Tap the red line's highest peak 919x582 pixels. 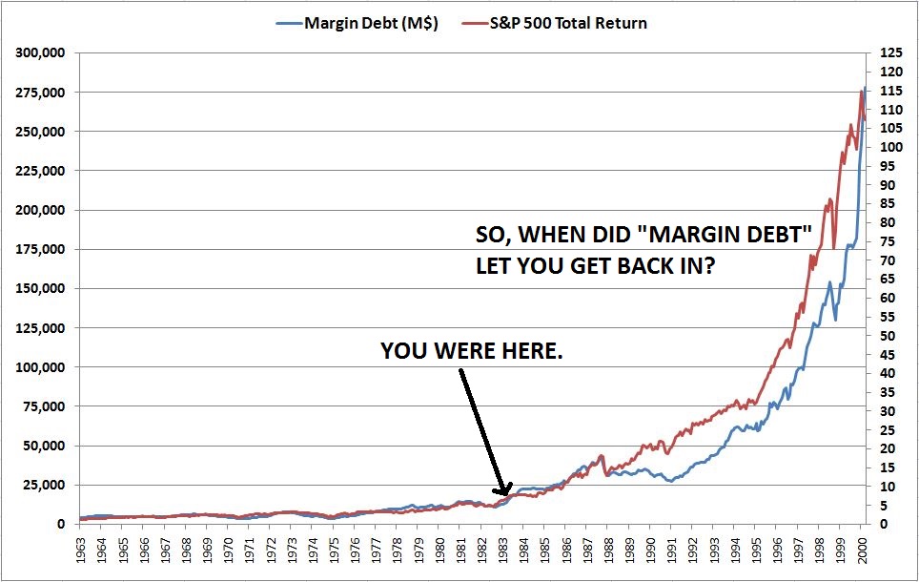[861, 90]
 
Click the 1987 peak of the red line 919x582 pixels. [602, 456]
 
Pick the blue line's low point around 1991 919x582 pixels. [671, 481]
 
